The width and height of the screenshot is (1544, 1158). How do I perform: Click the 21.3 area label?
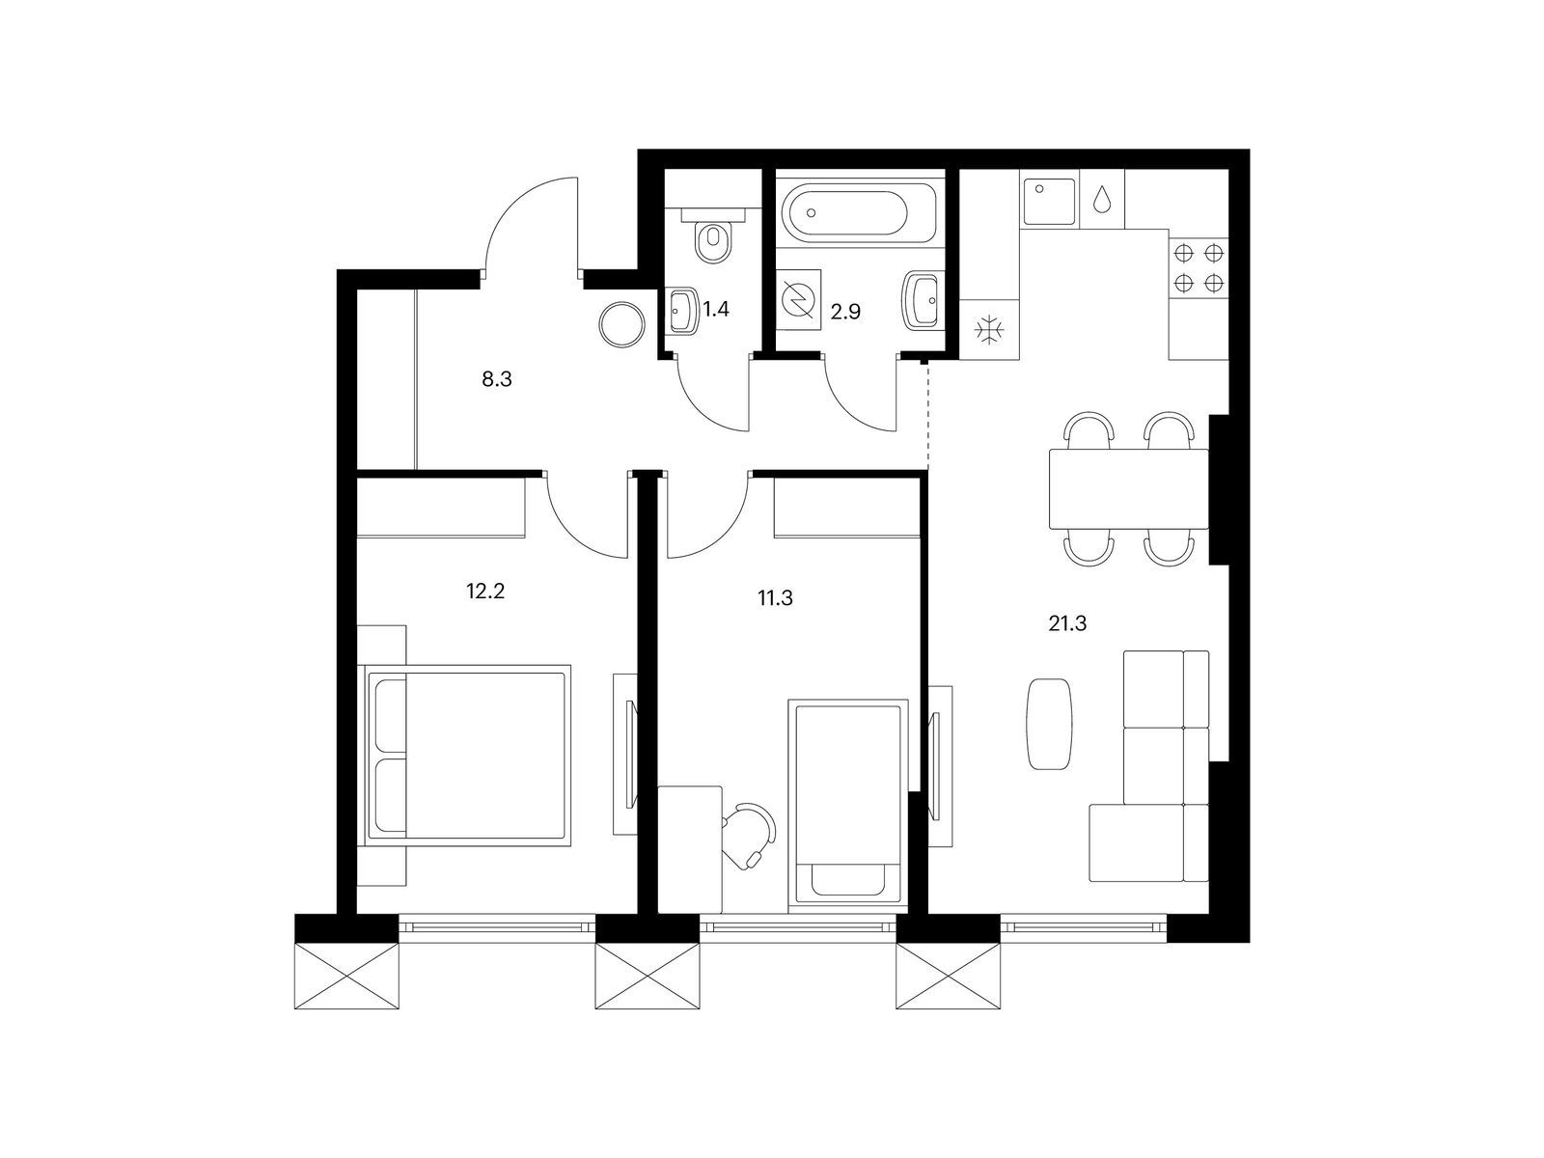tap(1067, 624)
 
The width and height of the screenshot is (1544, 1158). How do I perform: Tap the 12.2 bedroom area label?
tap(485, 591)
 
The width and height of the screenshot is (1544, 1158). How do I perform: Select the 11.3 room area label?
tap(775, 598)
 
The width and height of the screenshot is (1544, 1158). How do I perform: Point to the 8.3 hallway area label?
tap(496, 380)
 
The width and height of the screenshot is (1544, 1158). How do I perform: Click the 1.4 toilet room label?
tap(715, 310)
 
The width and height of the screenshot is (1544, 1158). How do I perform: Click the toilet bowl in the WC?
tap(714, 241)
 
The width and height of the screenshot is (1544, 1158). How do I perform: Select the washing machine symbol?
tap(798, 301)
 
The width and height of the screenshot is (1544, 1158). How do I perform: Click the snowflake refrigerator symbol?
tap(989, 332)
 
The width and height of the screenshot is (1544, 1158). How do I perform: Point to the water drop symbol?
tap(1103, 201)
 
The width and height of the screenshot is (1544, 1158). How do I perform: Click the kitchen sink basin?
tap(1049, 201)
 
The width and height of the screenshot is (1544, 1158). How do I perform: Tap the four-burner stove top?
tap(1199, 268)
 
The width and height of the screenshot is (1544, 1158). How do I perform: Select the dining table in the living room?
tap(1128, 489)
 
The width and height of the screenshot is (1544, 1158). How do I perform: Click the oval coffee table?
tap(1049, 724)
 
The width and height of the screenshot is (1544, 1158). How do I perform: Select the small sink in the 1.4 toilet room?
tap(684, 311)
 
